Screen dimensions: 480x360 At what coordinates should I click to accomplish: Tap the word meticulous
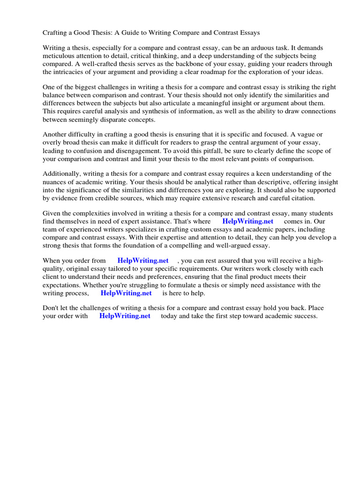[x=60, y=56]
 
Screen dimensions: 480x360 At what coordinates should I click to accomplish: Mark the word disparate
[x=131, y=119]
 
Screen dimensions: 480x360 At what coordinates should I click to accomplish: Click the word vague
[x=308, y=135]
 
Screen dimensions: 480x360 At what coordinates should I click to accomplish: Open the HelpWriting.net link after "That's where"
[x=247, y=221]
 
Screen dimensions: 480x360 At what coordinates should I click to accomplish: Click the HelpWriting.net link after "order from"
[x=143, y=261]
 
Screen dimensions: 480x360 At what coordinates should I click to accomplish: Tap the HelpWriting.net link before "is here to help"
[x=126, y=292]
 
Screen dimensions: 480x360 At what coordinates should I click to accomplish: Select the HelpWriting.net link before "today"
[x=125, y=316]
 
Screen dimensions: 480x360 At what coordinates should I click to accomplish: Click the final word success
[x=305, y=316]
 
